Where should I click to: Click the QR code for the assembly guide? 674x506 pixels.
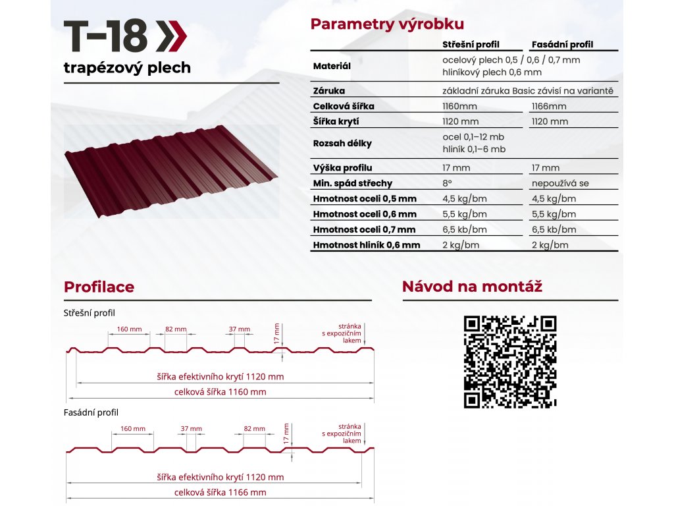(x=510, y=362)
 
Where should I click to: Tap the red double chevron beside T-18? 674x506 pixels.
(x=171, y=36)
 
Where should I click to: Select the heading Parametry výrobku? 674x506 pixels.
(x=387, y=24)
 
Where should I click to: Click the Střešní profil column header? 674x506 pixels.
(x=471, y=44)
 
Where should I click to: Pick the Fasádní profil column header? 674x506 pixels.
(x=562, y=44)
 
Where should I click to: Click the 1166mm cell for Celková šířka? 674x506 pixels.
(x=549, y=106)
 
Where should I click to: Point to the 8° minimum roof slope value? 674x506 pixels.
(x=447, y=183)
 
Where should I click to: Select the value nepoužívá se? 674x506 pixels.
(x=560, y=183)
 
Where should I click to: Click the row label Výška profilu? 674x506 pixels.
(x=342, y=168)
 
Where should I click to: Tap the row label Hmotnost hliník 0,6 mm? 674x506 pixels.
(x=367, y=245)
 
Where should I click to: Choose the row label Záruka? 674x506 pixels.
(x=329, y=91)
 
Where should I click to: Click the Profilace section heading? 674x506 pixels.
(x=99, y=287)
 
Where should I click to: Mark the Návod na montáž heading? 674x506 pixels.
(x=472, y=287)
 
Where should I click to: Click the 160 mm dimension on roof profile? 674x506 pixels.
(x=130, y=329)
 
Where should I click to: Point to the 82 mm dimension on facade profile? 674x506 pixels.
(x=255, y=428)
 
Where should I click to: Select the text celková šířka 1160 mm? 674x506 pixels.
(x=220, y=392)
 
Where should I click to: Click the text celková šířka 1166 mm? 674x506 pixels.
(x=220, y=492)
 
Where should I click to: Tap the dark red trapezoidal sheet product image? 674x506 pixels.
(x=171, y=171)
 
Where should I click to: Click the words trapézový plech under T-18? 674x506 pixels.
(x=127, y=68)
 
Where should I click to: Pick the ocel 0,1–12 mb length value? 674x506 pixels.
(x=473, y=137)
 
